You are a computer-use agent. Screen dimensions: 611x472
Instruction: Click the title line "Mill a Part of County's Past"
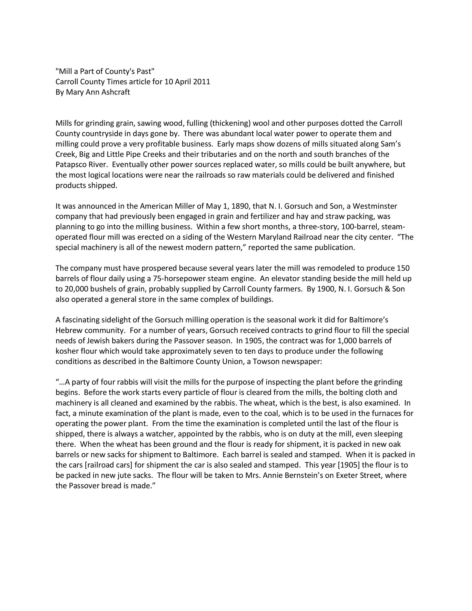pyautogui.click(x=105, y=71)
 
